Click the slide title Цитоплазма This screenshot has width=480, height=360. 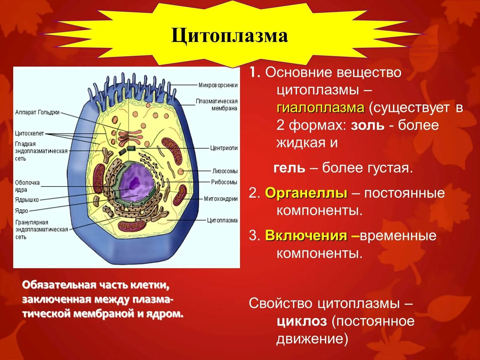[229, 36]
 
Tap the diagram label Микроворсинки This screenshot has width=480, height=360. [218, 85]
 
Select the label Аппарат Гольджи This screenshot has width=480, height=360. [37, 112]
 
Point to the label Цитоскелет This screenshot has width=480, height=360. [29, 133]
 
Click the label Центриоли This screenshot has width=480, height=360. [224, 148]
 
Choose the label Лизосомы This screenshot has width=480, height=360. [225, 171]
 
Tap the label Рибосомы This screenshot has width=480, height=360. [224, 182]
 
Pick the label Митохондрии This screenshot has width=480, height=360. [220, 199]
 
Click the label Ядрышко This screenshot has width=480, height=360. [27, 200]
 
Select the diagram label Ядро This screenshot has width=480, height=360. [21, 211]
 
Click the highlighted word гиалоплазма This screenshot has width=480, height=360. [320, 108]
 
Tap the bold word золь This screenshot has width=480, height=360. [367, 125]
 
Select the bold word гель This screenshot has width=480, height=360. [289, 168]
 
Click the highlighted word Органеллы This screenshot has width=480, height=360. [306, 193]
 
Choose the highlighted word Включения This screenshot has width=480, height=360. [306, 236]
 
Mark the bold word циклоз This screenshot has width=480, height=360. [301, 321]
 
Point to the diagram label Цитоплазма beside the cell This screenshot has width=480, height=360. [222, 220]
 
